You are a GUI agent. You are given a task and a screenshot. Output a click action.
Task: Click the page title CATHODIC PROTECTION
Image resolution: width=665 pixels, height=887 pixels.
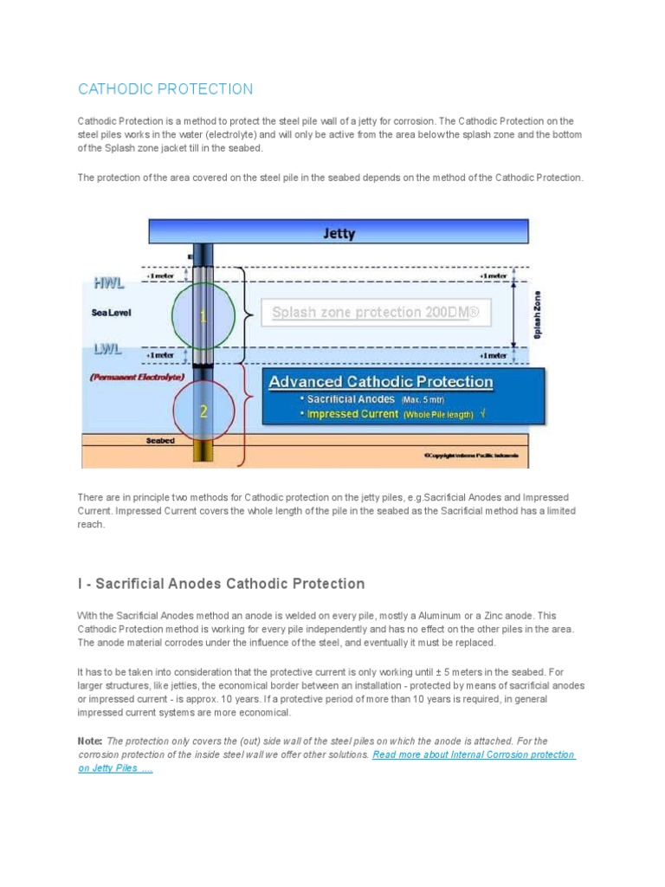coord(165,89)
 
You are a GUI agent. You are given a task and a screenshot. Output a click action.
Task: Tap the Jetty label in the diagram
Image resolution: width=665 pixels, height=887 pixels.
coord(339,233)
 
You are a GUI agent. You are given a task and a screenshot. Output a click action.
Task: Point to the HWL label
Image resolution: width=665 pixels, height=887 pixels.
coord(109,282)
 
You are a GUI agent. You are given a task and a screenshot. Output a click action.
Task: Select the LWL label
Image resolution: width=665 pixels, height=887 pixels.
coord(108,348)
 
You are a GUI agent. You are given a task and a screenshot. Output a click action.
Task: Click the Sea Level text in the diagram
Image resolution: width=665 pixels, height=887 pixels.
coord(112,314)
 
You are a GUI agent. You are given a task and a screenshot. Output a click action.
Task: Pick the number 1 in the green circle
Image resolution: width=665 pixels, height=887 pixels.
coord(203,318)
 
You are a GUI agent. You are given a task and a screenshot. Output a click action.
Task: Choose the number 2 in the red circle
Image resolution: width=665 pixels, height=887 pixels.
coord(203,412)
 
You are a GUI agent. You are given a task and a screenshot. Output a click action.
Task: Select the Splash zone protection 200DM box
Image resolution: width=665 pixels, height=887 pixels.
coord(376,313)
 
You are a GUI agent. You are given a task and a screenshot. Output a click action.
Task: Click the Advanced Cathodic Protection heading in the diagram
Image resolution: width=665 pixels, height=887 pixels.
coord(381,382)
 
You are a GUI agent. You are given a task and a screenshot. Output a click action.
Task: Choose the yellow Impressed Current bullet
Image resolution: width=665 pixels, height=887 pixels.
coord(357,414)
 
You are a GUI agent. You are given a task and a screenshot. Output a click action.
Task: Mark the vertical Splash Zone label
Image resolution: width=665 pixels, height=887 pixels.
coord(538,314)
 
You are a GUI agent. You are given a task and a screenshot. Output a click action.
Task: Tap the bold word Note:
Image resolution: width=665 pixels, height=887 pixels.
coord(90,741)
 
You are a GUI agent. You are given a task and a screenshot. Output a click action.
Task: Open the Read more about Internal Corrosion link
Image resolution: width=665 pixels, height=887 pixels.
coord(474,754)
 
